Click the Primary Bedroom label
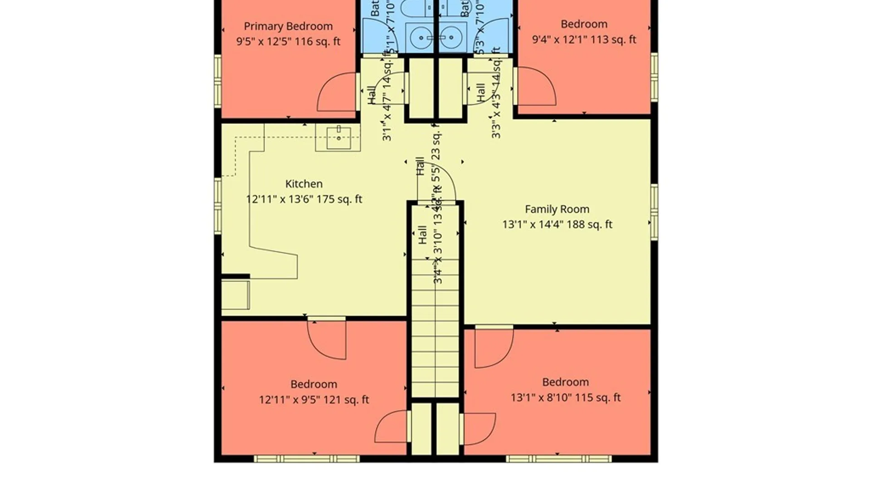[x=288, y=26]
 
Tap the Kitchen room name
[x=303, y=184]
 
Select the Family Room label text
[x=557, y=209]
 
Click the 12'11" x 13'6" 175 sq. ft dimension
[x=303, y=199]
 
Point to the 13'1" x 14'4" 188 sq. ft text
[x=557, y=225]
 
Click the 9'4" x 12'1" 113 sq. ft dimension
[x=584, y=39]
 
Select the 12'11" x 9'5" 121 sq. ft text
[x=313, y=400]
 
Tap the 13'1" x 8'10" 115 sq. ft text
[x=565, y=397]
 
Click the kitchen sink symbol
[x=338, y=138]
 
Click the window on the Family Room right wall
[x=654, y=211]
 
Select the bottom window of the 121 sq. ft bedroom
[x=307, y=459]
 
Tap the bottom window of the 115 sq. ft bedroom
[x=558, y=459]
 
